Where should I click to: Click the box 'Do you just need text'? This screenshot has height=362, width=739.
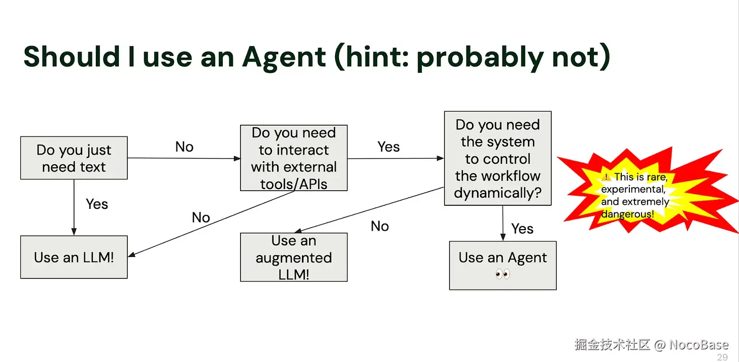point(74,158)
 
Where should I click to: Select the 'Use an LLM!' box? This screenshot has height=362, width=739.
point(74,257)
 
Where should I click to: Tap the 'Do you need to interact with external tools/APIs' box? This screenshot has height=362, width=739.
point(293,158)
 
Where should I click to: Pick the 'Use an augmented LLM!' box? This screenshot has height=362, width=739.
point(293,257)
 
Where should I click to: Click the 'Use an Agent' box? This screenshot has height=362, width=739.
point(502,265)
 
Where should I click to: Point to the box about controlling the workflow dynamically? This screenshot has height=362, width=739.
point(497,158)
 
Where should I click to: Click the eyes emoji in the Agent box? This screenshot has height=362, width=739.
point(502,274)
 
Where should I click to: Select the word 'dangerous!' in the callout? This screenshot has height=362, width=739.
point(627,214)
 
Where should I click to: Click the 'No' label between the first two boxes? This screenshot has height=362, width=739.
point(184,147)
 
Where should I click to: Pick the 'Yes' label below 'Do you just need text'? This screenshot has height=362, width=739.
point(97,204)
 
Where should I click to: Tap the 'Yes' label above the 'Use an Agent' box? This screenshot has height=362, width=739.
point(522,229)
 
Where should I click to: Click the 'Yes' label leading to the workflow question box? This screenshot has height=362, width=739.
point(389,147)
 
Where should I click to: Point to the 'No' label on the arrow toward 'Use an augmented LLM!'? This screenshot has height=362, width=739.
point(380,226)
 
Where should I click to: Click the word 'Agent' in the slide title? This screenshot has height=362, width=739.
point(284,57)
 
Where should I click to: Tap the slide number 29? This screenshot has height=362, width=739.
point(722,357)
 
